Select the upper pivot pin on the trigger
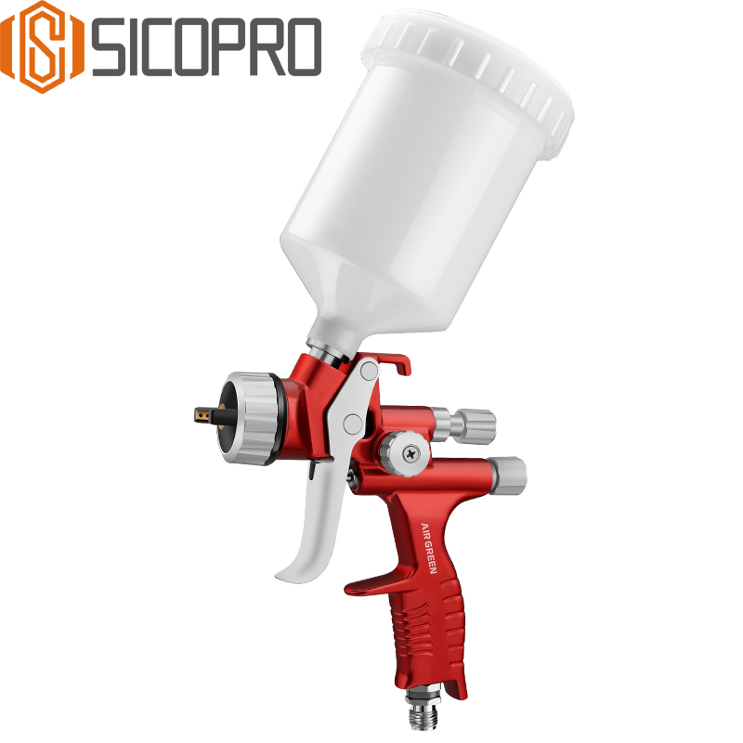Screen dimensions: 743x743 pos(370,371)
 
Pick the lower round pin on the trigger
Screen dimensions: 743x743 pos(352,424)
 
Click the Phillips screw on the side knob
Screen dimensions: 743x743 pos(409,452)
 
